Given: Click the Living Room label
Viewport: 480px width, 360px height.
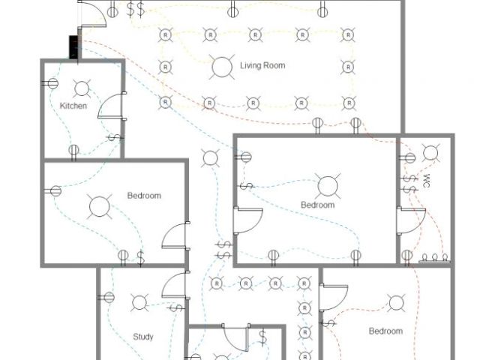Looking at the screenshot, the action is pyautogui.click(x=262, y=66).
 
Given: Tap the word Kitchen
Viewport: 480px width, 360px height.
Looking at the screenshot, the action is pyautogui.click(x=73, y=106).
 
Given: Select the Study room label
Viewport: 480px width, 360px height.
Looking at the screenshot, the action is pyautogui.click(x=143, y=337).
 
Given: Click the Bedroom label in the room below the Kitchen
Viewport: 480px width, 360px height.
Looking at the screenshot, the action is pyautogui.click(x=144, y=196).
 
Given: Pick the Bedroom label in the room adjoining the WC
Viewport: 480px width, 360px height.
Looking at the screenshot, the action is pyautogui.click(x=318, y=205).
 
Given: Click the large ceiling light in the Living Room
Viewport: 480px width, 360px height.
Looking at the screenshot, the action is pyautogui.click(x=222, y=67).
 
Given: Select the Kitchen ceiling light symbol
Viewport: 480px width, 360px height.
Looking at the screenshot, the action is pyautogui.click(x=82, y=88).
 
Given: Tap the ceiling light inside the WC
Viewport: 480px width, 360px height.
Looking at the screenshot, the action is pyautogui.click(x=430, y=154).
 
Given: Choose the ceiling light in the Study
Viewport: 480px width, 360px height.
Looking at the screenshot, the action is pyautogui.click(x=139, y=303).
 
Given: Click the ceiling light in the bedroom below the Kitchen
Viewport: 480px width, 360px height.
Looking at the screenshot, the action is pyautogui.click(x=98, y=206).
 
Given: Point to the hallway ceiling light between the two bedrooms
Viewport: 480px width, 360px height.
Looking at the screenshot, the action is pyautogui.click(x=211, y=158).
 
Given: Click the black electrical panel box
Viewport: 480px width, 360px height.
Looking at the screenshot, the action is pyautogui.click(x=74, y=46).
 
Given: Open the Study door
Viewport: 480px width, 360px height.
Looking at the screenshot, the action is pyautogui.click(x=174, y=285).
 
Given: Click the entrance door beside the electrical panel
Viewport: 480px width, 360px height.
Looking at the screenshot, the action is pyautogui.click(x=91, y=13).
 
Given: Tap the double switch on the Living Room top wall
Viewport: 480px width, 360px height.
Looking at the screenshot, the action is pyautogui.click(x=136, y=10).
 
